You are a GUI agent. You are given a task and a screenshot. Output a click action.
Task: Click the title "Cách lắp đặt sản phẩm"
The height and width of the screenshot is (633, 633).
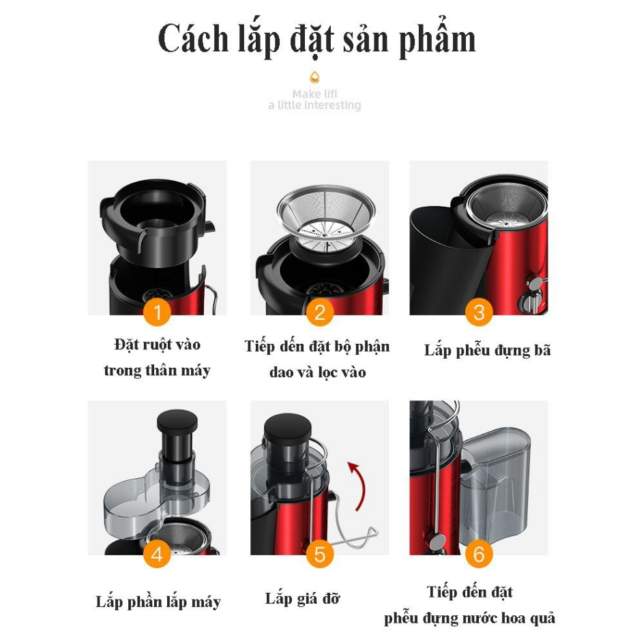[316, 40]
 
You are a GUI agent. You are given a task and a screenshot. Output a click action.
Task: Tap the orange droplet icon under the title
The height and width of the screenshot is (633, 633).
[314, 76]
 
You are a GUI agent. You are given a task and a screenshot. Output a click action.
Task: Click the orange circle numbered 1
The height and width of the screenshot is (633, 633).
[158, 313]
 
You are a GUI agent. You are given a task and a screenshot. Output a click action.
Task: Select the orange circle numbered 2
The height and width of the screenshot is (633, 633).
[319, 313]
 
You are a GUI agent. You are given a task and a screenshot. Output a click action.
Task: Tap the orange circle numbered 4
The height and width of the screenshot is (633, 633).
[158, 553]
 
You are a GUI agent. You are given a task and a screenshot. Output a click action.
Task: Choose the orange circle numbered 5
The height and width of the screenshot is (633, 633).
[319, 553]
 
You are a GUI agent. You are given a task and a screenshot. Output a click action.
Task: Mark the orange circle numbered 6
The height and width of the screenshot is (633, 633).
[479, 553]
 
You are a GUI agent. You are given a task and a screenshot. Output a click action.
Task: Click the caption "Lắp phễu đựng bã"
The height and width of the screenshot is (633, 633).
[487, 351]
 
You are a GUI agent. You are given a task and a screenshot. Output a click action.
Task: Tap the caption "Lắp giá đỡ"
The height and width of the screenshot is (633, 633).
[302, 599]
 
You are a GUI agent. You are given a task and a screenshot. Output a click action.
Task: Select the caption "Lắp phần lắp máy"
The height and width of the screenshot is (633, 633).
[158, 602]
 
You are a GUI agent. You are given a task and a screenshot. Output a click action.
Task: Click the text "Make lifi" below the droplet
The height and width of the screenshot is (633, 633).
[314, 94]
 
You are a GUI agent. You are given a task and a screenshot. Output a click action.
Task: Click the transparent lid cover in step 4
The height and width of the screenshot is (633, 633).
[150, 501]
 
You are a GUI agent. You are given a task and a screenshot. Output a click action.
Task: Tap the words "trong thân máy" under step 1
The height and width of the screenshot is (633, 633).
[157, 371]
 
